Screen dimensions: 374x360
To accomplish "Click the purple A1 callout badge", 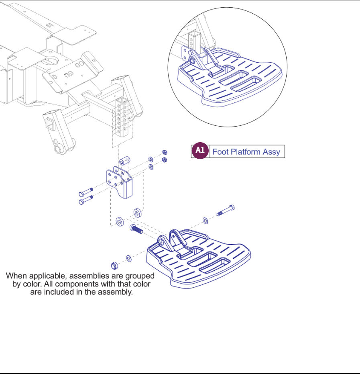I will point(200,151).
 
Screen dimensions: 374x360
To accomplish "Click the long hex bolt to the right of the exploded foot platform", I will point(226,211).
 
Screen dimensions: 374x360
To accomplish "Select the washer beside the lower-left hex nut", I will point(128,258).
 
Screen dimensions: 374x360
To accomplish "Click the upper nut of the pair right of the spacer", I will point(165,153).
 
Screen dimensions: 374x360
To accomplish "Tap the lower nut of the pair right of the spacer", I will point(165,160).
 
